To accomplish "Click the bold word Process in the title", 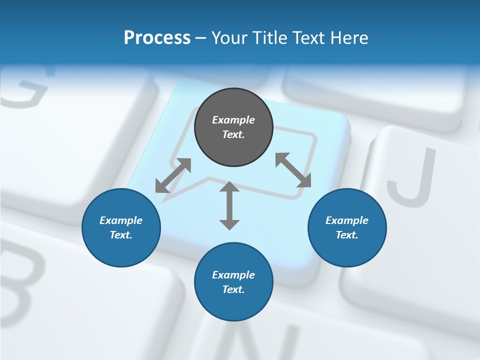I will coord(157,38).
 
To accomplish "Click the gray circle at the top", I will coord(233,127).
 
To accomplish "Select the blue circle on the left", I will coord(121,227).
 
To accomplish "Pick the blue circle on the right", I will coord(347,227).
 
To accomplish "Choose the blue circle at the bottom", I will coord(233,282).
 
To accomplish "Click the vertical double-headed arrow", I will coord(229,205).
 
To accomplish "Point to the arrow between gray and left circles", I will coord(173,175).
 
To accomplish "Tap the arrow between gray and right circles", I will coord(293,170).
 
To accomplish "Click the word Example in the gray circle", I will coord(233,120).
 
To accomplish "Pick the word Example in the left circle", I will coord(121,220).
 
